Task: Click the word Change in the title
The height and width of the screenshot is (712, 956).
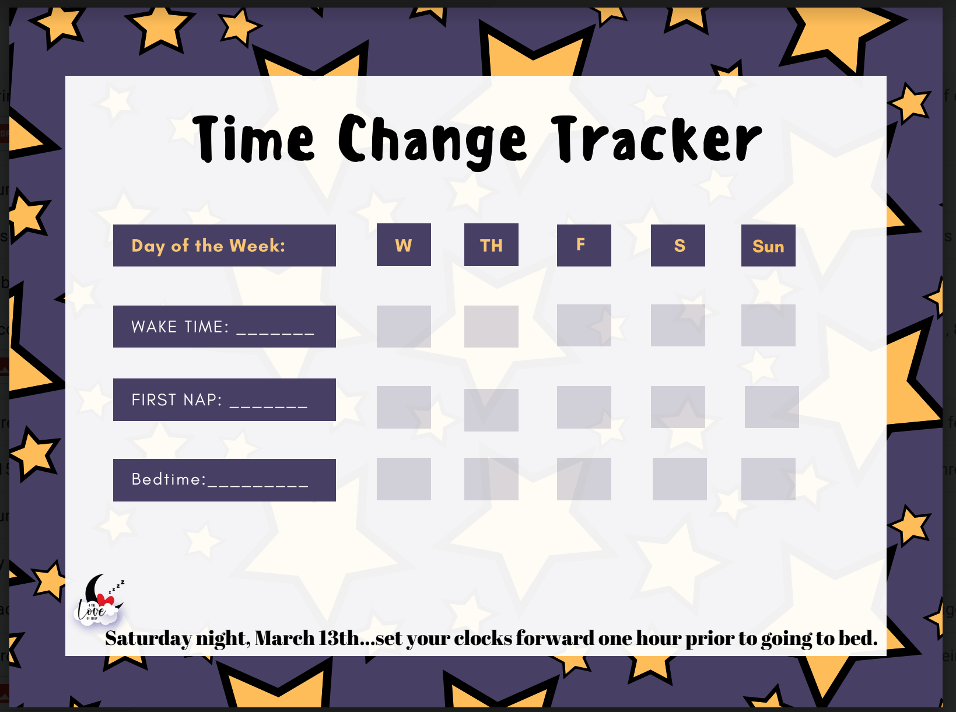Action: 432,140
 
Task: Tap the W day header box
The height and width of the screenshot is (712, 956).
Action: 404,245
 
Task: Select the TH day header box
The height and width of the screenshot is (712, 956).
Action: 491,245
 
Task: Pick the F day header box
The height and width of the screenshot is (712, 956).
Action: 584,245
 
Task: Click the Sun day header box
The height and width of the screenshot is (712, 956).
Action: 768,245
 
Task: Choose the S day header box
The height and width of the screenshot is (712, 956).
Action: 678,245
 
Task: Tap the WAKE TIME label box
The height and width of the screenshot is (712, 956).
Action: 224,327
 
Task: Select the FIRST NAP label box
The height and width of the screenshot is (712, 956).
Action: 224,399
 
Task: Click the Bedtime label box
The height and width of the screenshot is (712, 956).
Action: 224,480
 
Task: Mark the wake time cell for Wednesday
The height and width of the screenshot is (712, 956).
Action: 404,327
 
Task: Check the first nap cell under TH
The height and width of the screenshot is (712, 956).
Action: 491,410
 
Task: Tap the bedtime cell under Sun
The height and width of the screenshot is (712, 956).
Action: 768,479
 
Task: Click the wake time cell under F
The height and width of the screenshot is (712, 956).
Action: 584,325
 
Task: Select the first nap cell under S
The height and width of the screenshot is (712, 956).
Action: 678,407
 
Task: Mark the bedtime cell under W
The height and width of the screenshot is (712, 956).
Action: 404,479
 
